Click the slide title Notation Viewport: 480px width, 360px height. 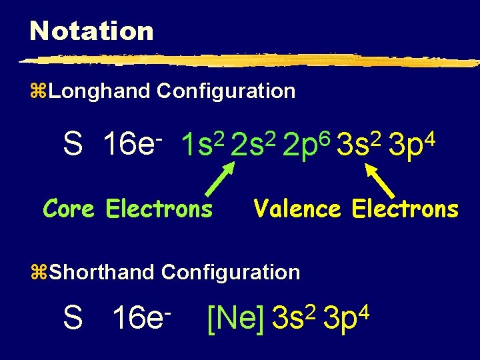click(x=91, y=31)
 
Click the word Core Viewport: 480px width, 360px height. click(x=69, y=209)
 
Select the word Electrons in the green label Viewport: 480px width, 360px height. click(x=159, y=209)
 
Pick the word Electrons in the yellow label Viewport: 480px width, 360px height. click(x=405, y=209)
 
